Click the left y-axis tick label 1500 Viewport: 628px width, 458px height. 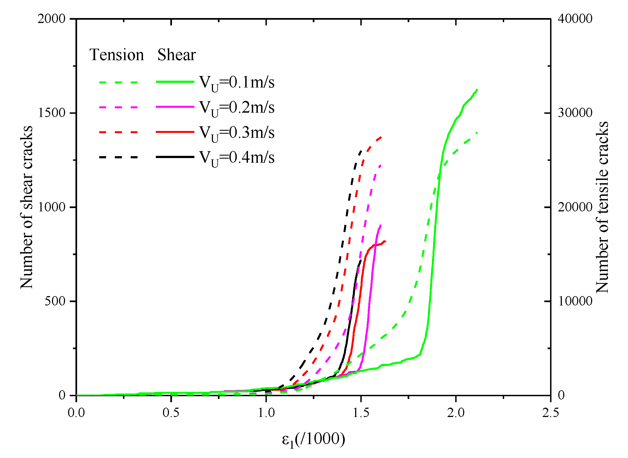click(x=52, y=113)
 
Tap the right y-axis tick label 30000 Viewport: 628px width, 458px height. click(x=575, y=113)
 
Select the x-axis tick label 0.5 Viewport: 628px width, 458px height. click(x=171, y=413)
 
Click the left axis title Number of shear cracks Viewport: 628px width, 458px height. click(x=27, y=207)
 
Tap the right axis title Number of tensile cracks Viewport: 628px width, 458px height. click(x=602, y=207)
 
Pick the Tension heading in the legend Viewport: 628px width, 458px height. click(x=117, y=55)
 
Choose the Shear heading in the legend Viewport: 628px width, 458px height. click(x=177, y=55)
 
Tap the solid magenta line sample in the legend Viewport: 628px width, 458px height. click(x=175, y=107)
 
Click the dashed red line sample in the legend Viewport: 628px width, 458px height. click(x=119, y=132)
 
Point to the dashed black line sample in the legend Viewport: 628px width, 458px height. click(x=119, y=157)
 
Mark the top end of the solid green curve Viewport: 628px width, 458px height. click(x=477, y=89)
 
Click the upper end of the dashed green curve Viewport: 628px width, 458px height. click(x=477, y=133)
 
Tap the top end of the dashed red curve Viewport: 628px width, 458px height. click(x=382, y=137)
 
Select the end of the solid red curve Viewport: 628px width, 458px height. click(x=385, y=241)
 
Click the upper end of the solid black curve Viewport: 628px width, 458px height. click(x=361, y=260)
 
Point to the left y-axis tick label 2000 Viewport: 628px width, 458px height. click(x=52, y=19)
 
